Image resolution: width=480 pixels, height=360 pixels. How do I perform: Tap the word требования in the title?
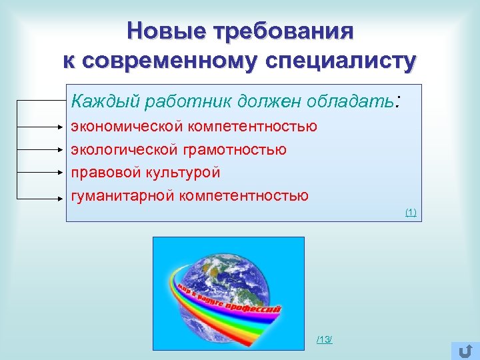point(283,31)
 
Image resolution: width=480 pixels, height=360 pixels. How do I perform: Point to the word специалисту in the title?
point(341,61)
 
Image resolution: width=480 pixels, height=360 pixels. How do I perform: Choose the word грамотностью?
point(233,150)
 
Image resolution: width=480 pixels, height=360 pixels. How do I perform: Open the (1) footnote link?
point(411,212)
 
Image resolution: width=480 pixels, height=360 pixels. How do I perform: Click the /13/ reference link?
point(325,340)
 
